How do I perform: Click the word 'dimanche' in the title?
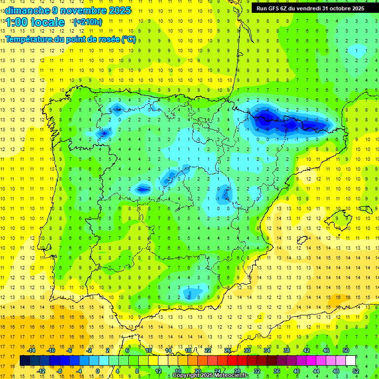pyautogui.click(x=27, y=10)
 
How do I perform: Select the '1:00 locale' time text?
pyautogui.click(x=35, y=22)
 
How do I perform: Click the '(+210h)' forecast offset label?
pyautogui.click(x=88, y=22)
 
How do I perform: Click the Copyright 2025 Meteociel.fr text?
pyautogui.click(x=211, y=376)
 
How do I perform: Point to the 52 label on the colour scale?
pyautogui.click(x=356, y=371)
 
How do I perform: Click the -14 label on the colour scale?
pyautogui.click(x=32, y=350)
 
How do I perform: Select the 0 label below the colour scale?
pyautogui.click(x=97, y=371)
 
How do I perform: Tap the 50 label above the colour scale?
pyautogui.click(x=346, y=350)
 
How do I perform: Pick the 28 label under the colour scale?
pyautogui.click(x=237, y=371)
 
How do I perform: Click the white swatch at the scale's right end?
pyautogui.click(x=351, y=361)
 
